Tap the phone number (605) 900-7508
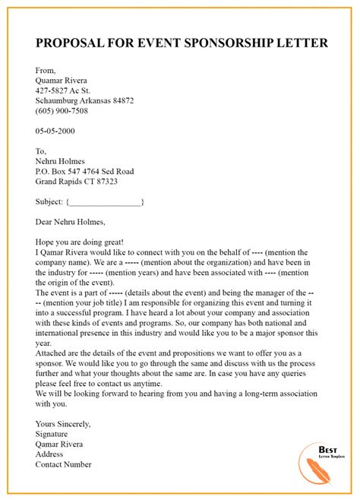[x=62, y=110]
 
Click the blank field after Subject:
[x=106, y=202]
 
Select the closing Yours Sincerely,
[x=63, y=423]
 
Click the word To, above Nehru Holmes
[x=42, y=150]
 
